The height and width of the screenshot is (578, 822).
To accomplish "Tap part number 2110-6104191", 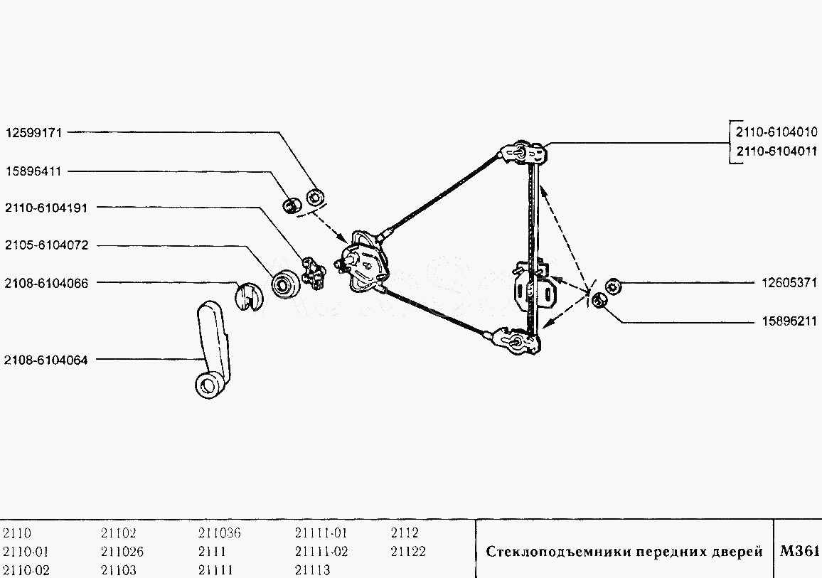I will click(46, 208).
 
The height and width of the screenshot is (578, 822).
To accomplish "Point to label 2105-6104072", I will click(46, 245).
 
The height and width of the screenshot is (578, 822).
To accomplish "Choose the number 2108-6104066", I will click(46, 283).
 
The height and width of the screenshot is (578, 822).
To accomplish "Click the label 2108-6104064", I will click(46, 360).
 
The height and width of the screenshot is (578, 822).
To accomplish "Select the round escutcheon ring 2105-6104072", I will click(287, 285).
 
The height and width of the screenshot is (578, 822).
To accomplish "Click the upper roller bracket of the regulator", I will click(525, 153).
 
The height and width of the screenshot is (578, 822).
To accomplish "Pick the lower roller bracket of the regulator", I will click(517, 341).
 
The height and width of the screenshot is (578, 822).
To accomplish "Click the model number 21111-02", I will click(321, 551).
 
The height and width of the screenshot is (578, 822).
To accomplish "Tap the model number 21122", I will click(409, 551).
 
